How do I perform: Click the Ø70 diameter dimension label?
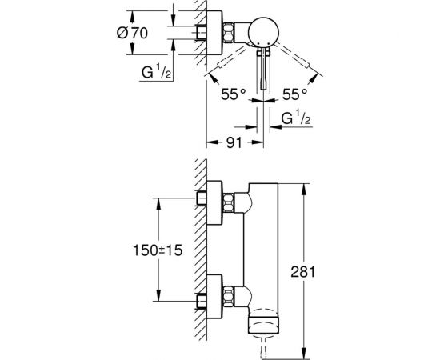tap(132, 33)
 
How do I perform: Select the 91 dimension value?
tap(234, 143)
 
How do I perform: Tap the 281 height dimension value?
tap(302, 272)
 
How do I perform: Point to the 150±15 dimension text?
tap(158, 250)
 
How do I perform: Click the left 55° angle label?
tap(233, 94)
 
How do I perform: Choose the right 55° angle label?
tap(294, 94)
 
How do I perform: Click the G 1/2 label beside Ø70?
tap(156, 71)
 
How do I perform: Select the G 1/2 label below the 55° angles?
tap(296, 118)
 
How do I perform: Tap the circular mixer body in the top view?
tap(264, 31)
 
